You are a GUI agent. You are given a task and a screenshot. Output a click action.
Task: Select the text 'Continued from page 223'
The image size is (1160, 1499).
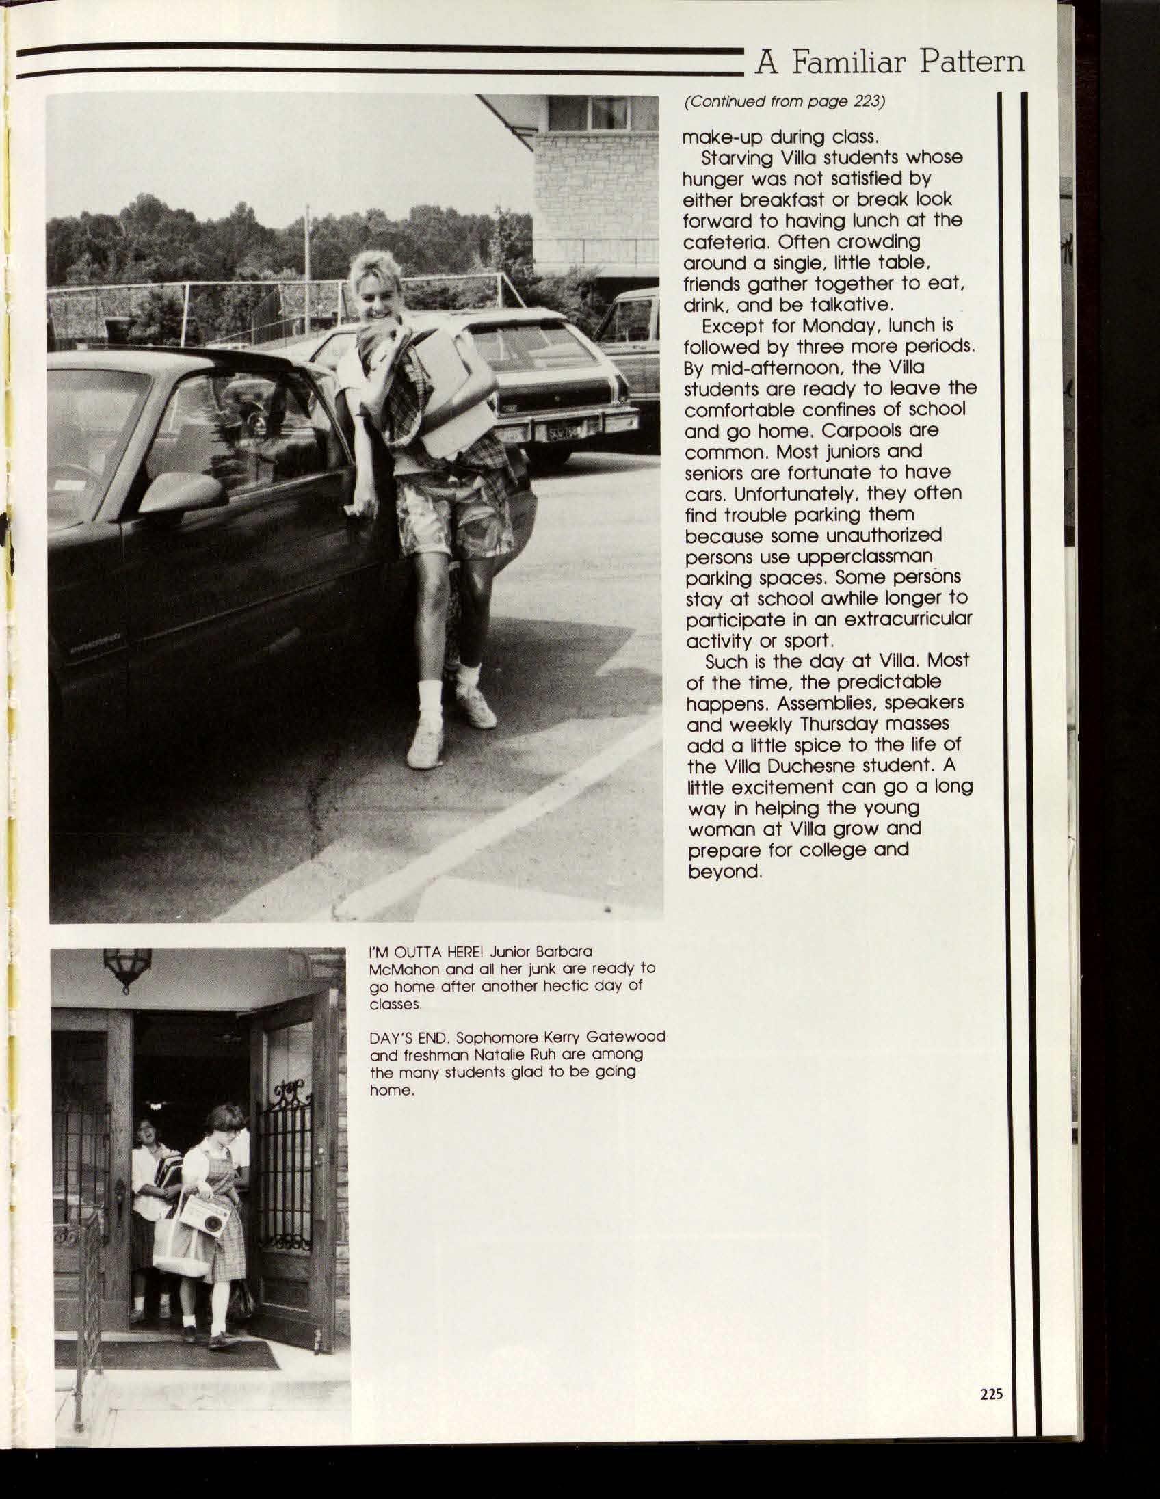pyautogui.click(x=784, y=102)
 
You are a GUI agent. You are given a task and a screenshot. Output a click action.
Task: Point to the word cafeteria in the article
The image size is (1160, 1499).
pyautogui.click(x=725, y=242)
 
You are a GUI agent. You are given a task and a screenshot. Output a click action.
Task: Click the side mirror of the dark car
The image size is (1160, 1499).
pyautogui.click(x=182, y=491)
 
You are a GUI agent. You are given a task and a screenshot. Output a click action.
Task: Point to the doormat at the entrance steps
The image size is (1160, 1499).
pyautogui.click(x=168, y=1354)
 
